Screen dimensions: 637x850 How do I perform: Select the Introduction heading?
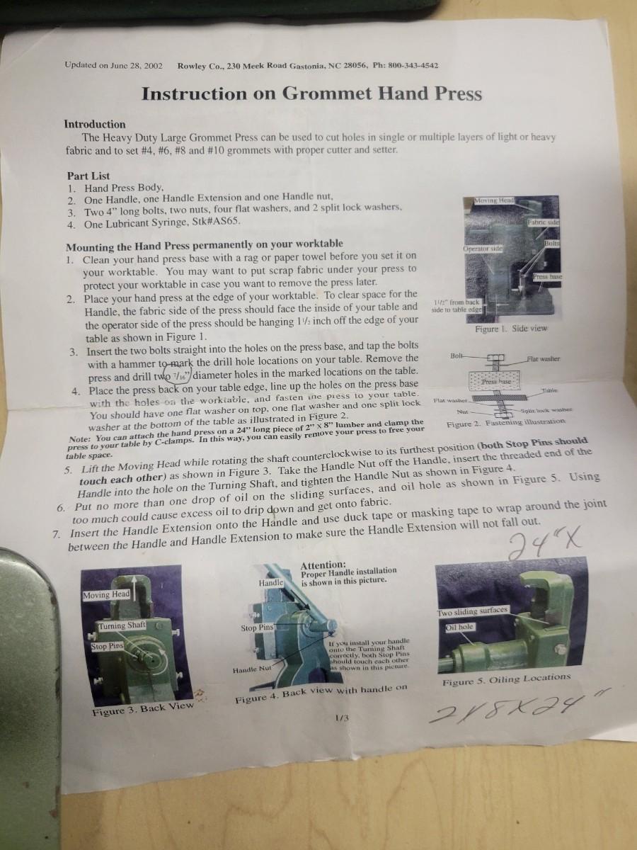coord(95,124)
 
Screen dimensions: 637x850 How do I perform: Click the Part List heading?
coord(88,176)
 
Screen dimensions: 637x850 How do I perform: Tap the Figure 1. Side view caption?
coord(511,329)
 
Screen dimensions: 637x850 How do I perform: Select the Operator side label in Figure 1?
coord(482,249)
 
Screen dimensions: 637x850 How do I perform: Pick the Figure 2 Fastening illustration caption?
coord(506,422)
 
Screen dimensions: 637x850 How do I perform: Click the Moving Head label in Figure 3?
coord(106,594)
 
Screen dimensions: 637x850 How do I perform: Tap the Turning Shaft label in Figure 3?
coord(122,625)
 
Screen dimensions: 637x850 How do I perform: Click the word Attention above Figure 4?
coord(323,565)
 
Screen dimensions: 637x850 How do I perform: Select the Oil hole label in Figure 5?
coord(460,627)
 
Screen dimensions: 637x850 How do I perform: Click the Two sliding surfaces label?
coord(472,611)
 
